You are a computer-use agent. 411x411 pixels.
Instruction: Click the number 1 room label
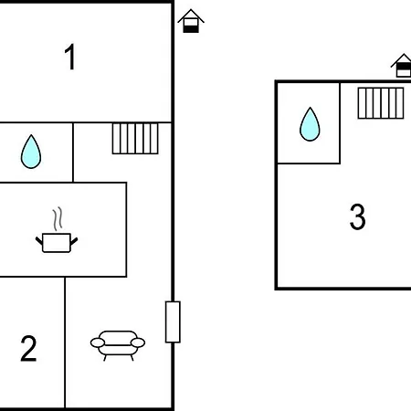(70, 57)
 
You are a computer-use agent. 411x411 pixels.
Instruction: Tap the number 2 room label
(28, 348)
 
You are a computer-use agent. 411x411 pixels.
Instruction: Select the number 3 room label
(357, 216)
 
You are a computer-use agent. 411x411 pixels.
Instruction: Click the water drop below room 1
(31, 152)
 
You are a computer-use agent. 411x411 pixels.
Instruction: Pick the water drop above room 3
(310, 124)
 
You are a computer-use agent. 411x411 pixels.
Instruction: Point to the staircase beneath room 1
(135, 139)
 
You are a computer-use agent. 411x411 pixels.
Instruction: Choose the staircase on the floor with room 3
(381, 103)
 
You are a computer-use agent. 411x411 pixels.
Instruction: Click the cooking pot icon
(57, 243)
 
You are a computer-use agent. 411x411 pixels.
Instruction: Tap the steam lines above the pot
(58, 218)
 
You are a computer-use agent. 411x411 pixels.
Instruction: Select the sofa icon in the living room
(118, 345)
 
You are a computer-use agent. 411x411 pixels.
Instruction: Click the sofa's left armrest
(98, 342)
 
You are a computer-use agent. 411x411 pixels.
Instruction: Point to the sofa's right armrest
(138, 342)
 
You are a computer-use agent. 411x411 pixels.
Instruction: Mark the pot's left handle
(39, 241)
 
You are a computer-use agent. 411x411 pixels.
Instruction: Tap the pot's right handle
(74, 241)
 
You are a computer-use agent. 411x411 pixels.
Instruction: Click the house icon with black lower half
(191, 21)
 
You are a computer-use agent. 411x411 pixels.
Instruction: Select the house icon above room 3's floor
(402, 65)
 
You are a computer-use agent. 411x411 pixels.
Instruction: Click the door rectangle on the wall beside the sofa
(173, 321)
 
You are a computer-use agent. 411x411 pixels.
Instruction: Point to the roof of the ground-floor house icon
(191, 16)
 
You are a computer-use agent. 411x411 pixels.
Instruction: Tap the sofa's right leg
(132, 357)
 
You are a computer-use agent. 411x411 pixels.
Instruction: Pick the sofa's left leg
(105, 357)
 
